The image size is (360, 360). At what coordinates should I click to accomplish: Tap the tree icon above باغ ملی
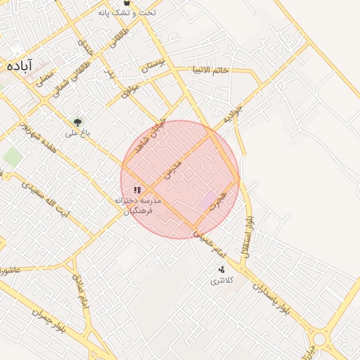coord(78,122)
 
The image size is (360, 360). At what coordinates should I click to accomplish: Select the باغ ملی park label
coord(77,132)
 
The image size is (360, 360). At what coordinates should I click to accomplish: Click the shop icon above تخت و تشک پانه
coord(127,3)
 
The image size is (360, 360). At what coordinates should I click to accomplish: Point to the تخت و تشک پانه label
coord(127,13)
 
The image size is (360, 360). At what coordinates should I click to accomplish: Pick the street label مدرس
coord(172,169)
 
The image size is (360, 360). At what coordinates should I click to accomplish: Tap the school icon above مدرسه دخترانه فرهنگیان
coord(138,189)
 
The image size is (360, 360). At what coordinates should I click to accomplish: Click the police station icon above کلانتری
coord(221,269)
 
